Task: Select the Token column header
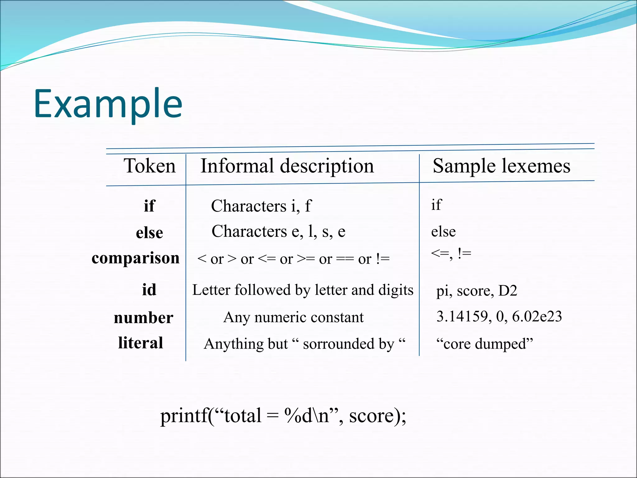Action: click(150, 166)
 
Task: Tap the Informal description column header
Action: click(287, 166)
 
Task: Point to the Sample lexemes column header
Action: click(501, 166)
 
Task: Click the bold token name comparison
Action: click(136, 258)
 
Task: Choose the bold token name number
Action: click(143, 318)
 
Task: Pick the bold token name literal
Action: click(141, 343)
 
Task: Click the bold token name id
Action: click(149, 290)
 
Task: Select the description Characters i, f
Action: click(261, 206)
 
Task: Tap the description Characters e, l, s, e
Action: click(278, 232)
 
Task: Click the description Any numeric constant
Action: click(293, 317)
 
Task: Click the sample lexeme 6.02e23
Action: click(537, 316)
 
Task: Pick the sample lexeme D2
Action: click(508, 291)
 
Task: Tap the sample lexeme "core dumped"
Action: click(485, 344)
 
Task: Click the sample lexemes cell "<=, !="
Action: click(451, 254)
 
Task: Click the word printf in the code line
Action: click(184, 416)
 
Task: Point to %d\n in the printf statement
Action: click(307, 416)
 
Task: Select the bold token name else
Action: click(149, 233)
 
